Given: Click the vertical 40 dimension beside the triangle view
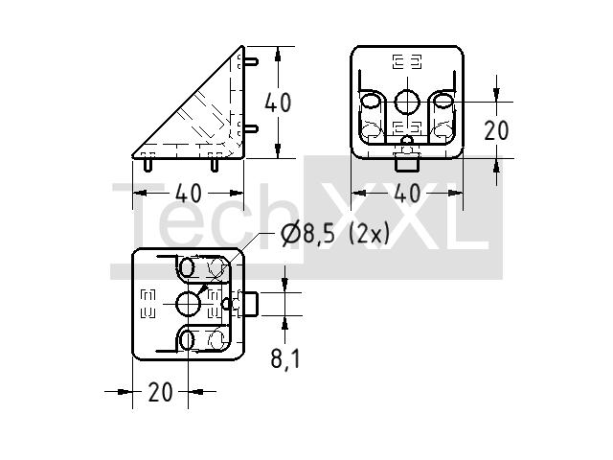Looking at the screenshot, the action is pyautogui.click(x=278, y=103).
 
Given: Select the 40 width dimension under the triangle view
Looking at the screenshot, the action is pyautogui.click(x=188, y=194).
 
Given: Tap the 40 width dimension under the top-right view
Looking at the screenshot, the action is pyautogui.click(x=407, y=194).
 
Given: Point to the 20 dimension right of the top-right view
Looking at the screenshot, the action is pyautogui.click(x=496, y=130).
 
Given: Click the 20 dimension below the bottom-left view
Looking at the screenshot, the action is pyautogui.click(x=160, y=392).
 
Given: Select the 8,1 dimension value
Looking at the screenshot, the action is pyautogui.click(x=285, y=357).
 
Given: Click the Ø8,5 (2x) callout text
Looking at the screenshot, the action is pyautogui.click(x=335, y=235).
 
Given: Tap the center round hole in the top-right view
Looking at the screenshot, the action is pyautogui.click(x=407, y=102).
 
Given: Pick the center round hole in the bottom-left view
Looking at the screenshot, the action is pyautogui.click(x=188, y=304).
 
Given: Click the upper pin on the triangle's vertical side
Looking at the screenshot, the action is pyautogui.click(x=251, y=61).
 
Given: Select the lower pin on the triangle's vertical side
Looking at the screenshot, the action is pyautogui.click(x=251, y=128).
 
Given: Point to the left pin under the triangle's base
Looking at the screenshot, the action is pyautogui.click(x=148, y=164).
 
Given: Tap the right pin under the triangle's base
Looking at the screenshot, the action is pyautogui.click(x=215, y=164).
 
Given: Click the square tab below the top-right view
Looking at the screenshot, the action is pyautogui.click(x=407, y=163).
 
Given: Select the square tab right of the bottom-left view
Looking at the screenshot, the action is pyautogui.click(x=249, y=304).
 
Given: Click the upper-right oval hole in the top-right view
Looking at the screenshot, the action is pyautogui.click(x=443, y=102).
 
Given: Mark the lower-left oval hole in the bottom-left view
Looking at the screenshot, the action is pyautogui.click(x=188, y=340).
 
